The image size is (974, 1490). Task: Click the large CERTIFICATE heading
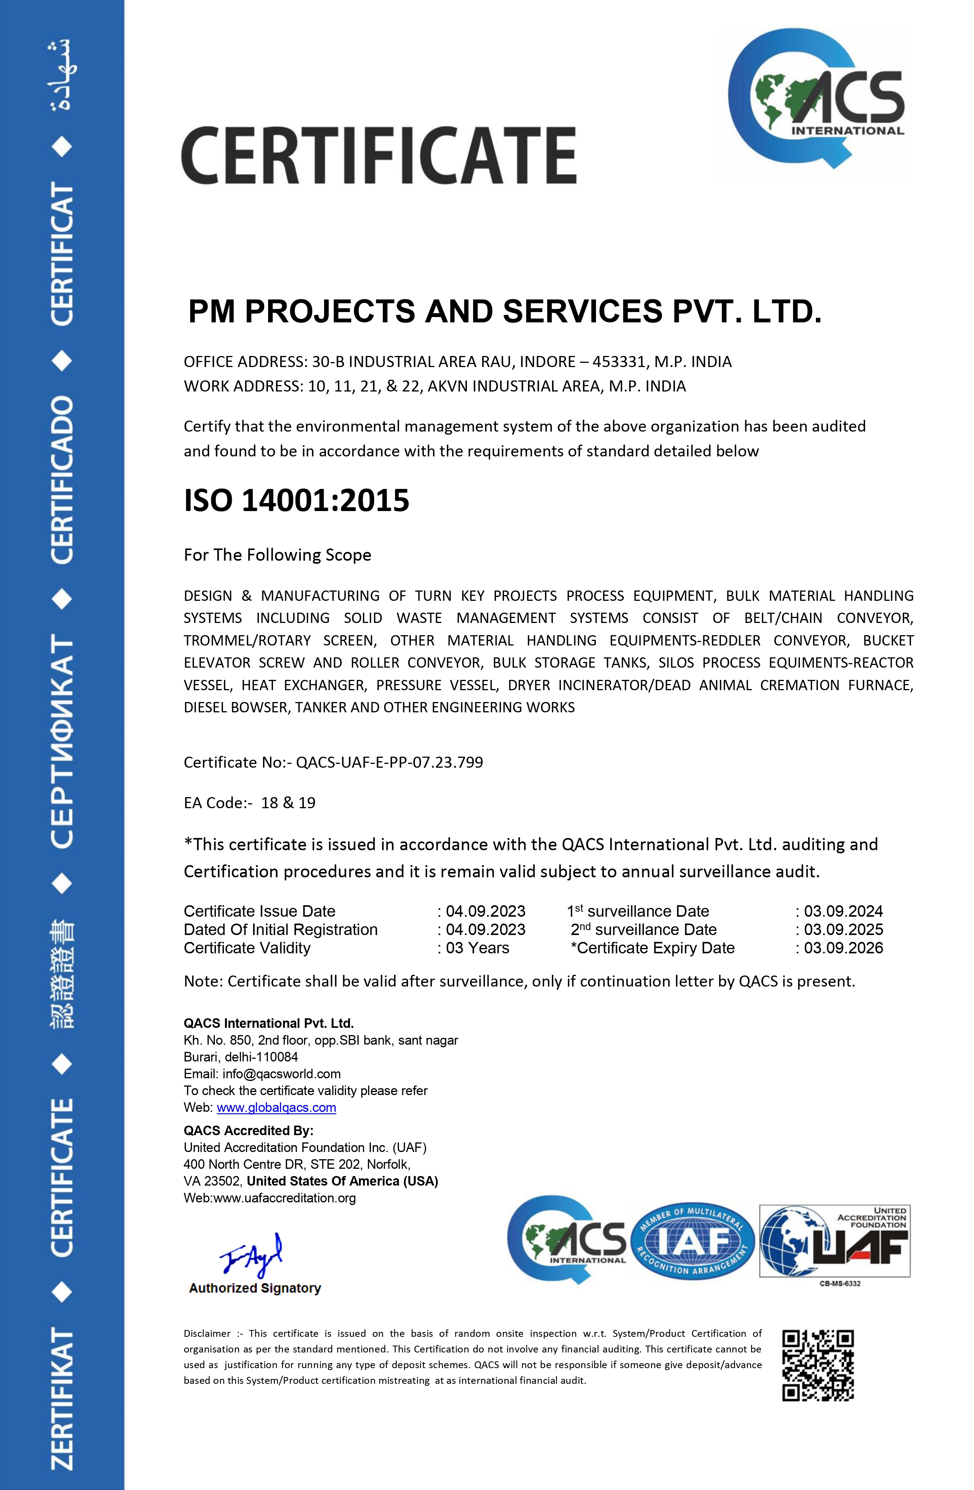tap(379, 155)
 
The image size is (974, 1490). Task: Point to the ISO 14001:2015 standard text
tap(296, 501)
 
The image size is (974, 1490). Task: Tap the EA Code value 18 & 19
tap(288, 802)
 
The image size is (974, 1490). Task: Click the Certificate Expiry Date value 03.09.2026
tap(843, 948)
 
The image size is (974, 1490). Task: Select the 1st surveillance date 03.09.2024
tap(843, 911)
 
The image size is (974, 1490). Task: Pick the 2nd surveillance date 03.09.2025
tap(843, 930)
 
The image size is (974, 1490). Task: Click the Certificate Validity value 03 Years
tap(477, 948)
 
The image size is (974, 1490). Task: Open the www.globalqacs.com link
tap(276, 1108)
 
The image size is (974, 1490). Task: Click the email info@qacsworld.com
tap(281, 1074)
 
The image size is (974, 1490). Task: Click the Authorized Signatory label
tap(255, 1288)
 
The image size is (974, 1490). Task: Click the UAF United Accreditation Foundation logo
tap(834, 1241)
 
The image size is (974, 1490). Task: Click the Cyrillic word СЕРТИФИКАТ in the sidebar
tap(61, 742)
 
